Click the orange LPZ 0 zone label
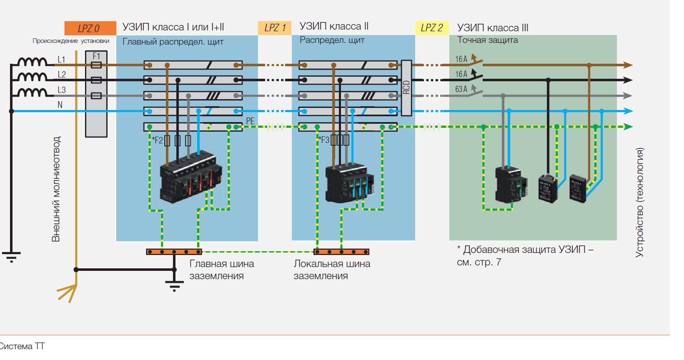click(90, 28)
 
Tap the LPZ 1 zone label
click(275, 28)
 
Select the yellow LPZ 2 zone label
click(431, 28)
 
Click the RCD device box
click(406, 87)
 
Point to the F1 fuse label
click(96, 56)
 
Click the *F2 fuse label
click(158, 140)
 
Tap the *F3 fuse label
click(324, 140)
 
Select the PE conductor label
click(250, 121)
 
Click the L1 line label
click(61, 60)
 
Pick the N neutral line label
click(60, 105)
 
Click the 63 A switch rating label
click(461, 89)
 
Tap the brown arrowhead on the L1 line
click(628, 65)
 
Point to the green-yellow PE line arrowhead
click(628, 127)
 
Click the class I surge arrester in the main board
click(191, 177)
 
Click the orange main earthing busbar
click(174, 252)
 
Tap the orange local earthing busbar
click(341, 252)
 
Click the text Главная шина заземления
click(221, 270)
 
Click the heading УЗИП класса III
click(492, 28)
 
